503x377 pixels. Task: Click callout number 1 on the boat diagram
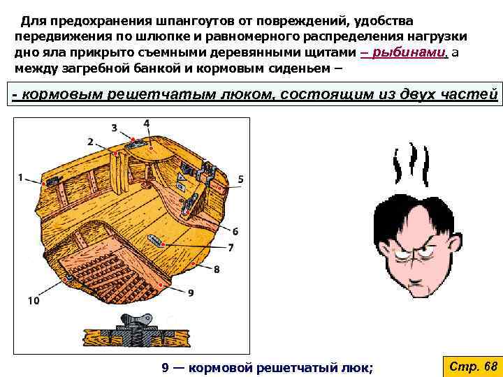[x=20, y=177]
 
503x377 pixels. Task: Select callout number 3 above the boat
[x=115, y=128]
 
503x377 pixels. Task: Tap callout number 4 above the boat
[x=146, y=124]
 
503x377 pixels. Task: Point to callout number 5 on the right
[x=240, y=179]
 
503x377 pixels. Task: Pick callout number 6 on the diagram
[x=235, y=231]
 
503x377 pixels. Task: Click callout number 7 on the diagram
[x=231, y=247]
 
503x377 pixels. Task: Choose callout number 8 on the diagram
[x=217, y=269]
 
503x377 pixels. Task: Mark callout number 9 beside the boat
[x=191, y=293]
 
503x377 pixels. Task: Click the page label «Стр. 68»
[x=472, y=366]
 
